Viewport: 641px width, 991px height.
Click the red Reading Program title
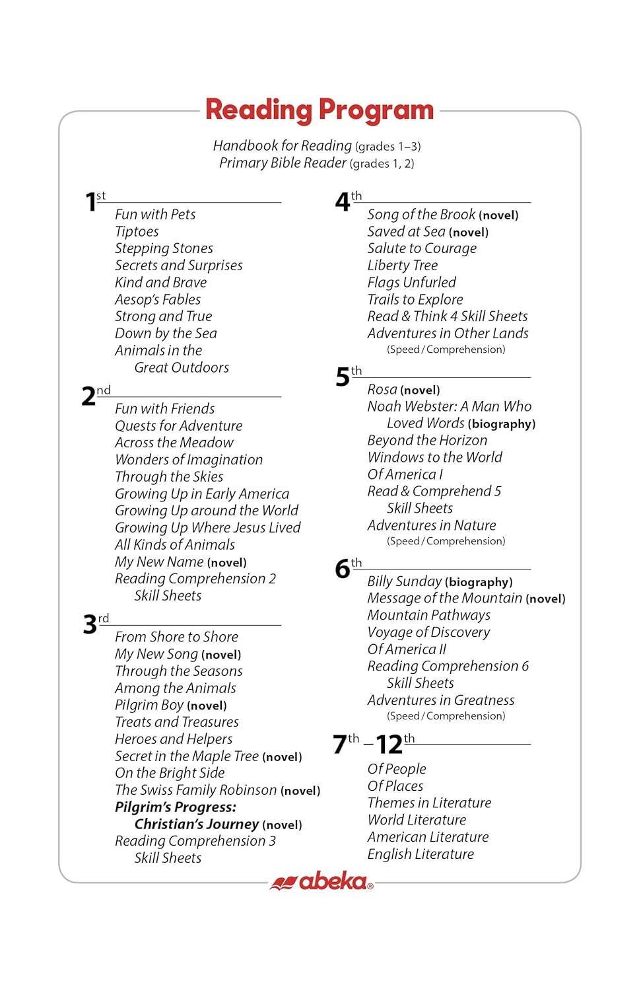pyautogui.click(x=320, y=110)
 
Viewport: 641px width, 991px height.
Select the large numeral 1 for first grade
pyautogui.click(x=90, y=202)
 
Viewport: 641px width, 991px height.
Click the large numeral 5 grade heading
pyautogui.click(x=342, y=377)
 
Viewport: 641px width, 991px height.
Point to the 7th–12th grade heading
pyautogui.click(x=374, y=744)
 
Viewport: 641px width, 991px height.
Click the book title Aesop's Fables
pyautogui.click(x=158, y=299)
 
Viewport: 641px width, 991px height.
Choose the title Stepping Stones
pyautogui.click(x=164, y=248)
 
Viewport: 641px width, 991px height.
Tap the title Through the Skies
pyautogui.click(x=169, y=476)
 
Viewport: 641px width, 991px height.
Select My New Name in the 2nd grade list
pyautogui.click(x=159, y=562)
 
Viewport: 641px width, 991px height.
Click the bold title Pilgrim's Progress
pyautogui.click(x=176, y=807)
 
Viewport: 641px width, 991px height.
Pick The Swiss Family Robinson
pyautogui.click(x=196, y=789)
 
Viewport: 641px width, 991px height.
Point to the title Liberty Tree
pyautogui.click(x=403, y=265)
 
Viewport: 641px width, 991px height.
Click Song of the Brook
pyautogui.click(x=421, y=214)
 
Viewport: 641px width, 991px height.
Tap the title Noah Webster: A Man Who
pyautogui.click(x=449, y=406)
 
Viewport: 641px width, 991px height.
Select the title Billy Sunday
pyautogui.click(x=404, y=581)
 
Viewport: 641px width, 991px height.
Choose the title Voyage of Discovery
pyautogui.click(x=428, y=632)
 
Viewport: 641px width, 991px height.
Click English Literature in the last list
pyautogui.click(x=421, y=854)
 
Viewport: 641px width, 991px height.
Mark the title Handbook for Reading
pyautogui.click(x=283, y=145)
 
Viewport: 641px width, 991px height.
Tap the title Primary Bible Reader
pyautogui.click(x=283, y=163)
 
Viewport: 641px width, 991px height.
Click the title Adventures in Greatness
pyautogui.click(x=440, y=700)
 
